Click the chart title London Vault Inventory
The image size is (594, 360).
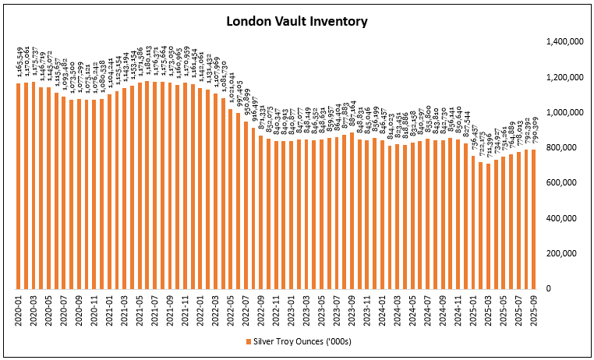coord(296,21)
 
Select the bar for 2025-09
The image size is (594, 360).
coord(532,219)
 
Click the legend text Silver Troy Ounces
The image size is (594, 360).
coord(304,341)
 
